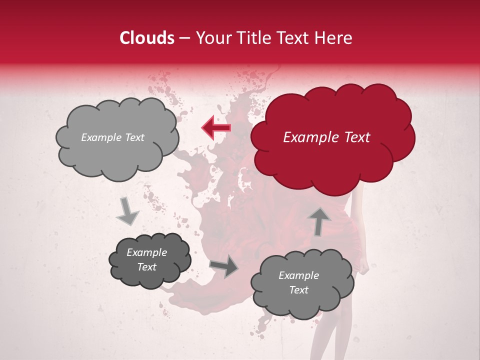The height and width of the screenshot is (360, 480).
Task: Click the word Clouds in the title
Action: pos(147,38)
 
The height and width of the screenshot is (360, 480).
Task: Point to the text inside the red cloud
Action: pos(326,137)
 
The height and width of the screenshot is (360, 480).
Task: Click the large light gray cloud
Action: pos(117,155)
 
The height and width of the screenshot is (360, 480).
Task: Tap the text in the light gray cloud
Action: pos(112,137)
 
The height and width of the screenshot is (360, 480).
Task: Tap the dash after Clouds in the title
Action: pos(184,38)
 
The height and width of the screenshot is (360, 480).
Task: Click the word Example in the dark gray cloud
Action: pos(147,252)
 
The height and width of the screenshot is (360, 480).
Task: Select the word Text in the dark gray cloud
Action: pos(147,267)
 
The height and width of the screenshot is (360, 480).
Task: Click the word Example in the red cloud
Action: pos(305,137)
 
